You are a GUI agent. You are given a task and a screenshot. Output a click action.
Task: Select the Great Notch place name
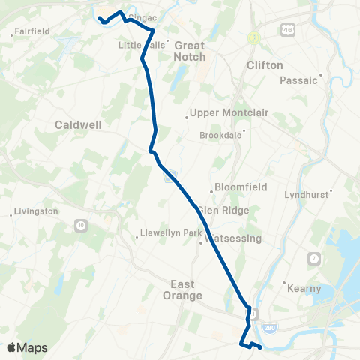189,51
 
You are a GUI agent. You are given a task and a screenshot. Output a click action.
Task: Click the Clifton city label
265,65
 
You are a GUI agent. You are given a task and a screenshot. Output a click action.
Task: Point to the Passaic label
299,80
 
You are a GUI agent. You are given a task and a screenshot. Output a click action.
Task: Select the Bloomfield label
239,187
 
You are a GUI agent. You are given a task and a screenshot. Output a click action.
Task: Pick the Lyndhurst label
307,194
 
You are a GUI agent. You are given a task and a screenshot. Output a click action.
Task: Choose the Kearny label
304,288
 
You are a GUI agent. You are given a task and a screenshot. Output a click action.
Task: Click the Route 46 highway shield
289,30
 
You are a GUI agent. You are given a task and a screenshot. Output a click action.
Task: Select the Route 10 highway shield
81,225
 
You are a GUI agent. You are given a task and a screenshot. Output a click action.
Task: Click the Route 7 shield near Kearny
313,259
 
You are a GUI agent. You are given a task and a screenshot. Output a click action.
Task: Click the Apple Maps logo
27,347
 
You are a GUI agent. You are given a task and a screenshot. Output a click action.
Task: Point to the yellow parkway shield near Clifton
254,37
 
